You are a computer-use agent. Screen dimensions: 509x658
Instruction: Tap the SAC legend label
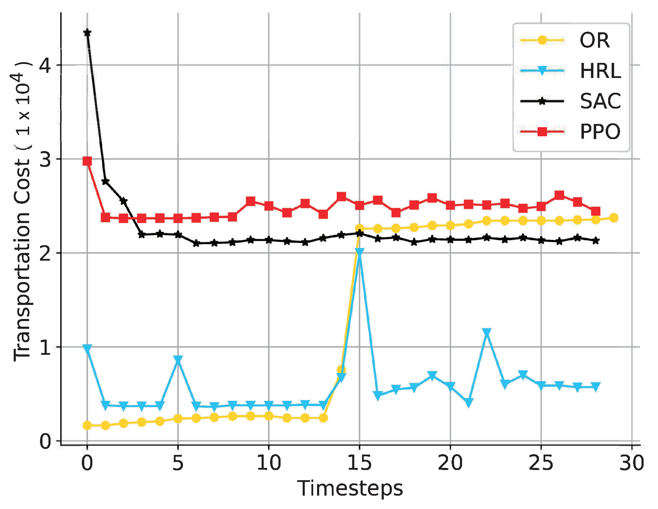[600, 101]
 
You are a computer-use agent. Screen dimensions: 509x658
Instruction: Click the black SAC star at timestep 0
[87, 33]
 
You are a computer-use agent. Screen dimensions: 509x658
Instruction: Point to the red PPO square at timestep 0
[87, 161]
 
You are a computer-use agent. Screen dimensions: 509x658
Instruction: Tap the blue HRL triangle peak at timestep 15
[359, 252]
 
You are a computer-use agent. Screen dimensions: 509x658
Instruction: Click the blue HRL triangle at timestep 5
[178, 360]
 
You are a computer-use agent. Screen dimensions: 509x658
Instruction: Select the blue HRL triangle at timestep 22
[486, 332]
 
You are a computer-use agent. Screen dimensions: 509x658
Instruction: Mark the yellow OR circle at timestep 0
[87, 425]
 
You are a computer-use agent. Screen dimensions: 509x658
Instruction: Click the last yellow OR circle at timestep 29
[613, 218]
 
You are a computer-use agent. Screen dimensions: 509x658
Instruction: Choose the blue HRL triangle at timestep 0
[87, 348]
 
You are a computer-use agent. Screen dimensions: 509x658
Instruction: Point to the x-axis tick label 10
[269, 463]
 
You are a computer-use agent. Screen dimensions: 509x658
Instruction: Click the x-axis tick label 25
[541, 463]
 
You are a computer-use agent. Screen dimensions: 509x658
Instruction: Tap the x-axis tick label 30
[632, 463]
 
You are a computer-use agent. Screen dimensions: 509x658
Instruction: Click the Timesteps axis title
[350, 489]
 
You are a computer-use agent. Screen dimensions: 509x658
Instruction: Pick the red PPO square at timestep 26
[559, 195]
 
